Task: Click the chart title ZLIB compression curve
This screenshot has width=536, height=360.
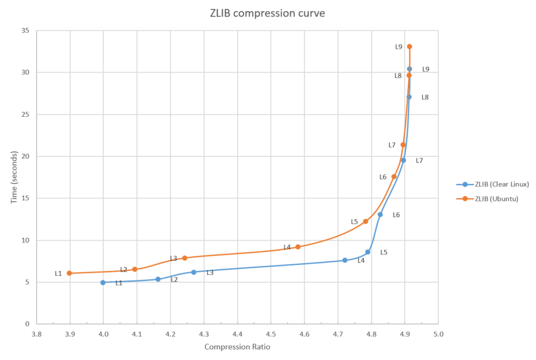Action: [267, 14]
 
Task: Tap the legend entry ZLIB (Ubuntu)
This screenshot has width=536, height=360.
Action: [497, 199]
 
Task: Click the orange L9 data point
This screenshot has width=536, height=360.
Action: [409, 47]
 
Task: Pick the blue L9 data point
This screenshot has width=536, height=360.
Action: [409, 69]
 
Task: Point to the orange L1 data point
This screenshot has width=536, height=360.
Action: [69, 273]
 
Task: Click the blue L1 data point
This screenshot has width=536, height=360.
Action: [103, 282]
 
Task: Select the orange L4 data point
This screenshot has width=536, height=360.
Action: [298, 247]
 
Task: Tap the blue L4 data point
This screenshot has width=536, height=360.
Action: [345, 260]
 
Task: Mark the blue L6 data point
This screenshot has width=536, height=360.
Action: [380, 215]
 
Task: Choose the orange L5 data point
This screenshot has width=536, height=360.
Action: [365, 221]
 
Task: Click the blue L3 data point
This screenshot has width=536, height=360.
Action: [194, 272]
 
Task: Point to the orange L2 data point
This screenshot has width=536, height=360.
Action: [135, 269]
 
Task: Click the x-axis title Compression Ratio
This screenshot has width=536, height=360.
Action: [237, 347]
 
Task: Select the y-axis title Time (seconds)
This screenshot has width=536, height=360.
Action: [14, 177]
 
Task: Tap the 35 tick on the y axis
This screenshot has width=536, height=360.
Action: [24, 31]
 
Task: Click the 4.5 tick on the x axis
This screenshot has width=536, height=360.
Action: [271, 334]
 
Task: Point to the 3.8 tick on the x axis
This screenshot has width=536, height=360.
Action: [36, 334]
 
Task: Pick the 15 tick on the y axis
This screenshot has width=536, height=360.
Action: [24, 198]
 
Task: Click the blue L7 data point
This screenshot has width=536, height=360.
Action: [403, 160]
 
